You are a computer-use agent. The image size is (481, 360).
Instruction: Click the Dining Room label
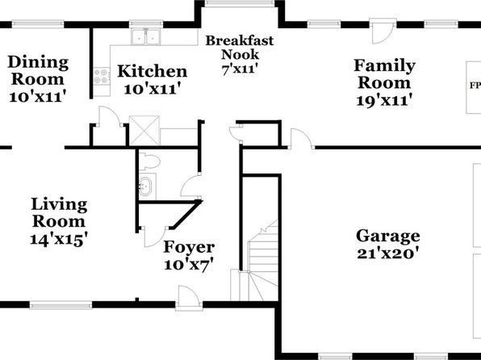coord(38,70)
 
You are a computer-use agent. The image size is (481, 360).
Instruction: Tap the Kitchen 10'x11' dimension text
coord(152,90)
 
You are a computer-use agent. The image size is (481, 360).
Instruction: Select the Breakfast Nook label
coord(240,48)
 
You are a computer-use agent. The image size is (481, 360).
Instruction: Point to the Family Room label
coord(385,74)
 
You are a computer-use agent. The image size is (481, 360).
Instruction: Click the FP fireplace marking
coord(475,86)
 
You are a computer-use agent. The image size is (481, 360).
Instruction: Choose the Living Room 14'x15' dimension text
coord(59,240)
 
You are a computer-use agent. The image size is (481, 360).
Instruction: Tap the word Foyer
coord(189,247)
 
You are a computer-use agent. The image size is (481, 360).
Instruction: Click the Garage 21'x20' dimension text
coord(388,253)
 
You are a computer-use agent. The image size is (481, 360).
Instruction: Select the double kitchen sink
coord(146,36)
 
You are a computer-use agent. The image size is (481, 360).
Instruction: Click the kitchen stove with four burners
coord(102,76)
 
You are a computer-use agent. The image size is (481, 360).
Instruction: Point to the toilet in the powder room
coord(149,161)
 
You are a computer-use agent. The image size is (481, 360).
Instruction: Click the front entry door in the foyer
coord(189,299)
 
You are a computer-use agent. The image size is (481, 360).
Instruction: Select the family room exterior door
coord(383,32)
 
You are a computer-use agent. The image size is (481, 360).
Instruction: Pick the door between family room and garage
coord(302,140)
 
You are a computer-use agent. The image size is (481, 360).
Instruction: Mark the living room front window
coord(61,305)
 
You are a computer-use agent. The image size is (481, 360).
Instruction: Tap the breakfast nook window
coord(239,3)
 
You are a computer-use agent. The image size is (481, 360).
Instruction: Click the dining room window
coord(38,24)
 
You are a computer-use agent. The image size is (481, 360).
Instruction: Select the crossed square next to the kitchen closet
coord(144,131)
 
